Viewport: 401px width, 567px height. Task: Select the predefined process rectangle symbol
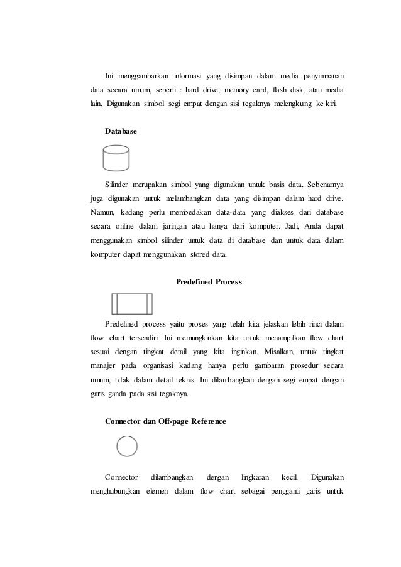click(x=131, y=304)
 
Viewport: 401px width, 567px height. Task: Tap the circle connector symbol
click(x=127, y=447)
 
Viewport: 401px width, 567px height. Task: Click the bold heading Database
click(x=120, y=131)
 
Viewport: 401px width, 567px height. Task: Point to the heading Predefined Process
click(x=208, y=282)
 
